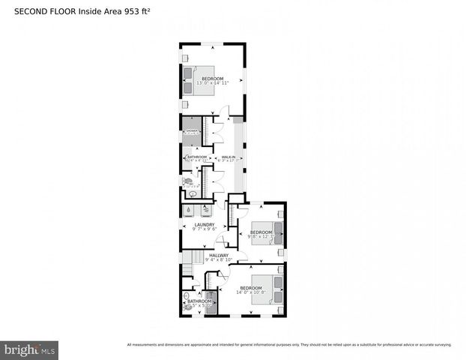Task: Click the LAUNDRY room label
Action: [205, 224]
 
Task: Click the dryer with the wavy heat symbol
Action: [205, 211]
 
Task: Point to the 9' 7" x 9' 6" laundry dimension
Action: [205, 229]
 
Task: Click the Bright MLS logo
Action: [30, 349]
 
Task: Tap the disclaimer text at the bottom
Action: [289, 345]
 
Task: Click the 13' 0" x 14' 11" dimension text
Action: [212, 82]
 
